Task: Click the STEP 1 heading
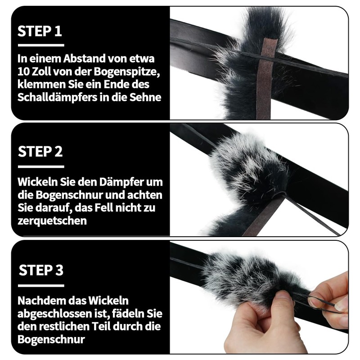(40, 31)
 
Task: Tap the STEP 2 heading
(40, 151)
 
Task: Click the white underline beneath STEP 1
(40, 45)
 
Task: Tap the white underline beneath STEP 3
(41, 285)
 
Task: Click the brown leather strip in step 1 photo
(266, 81)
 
